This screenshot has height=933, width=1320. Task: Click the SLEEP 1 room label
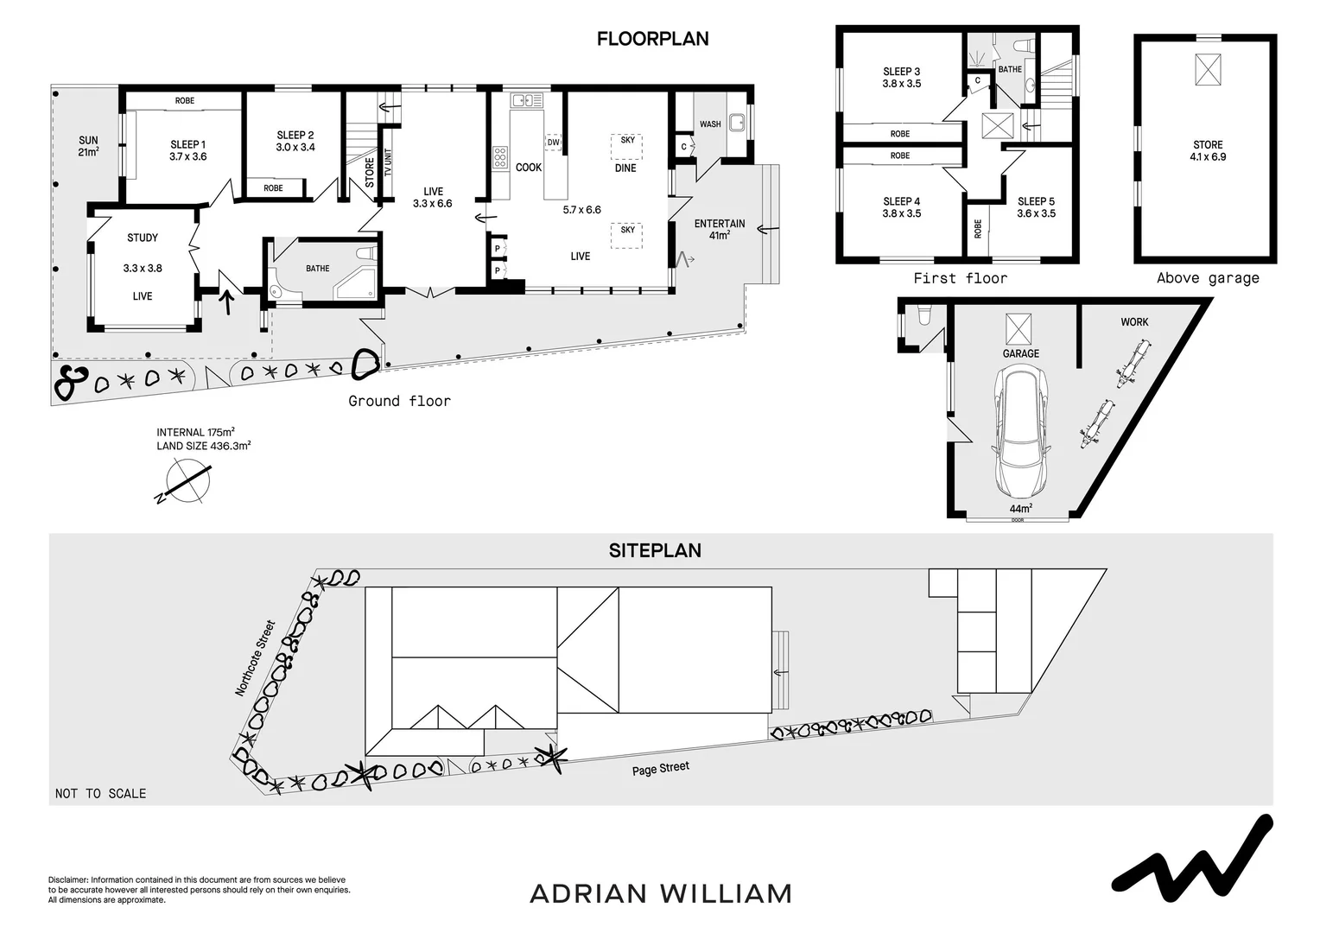click(187, 150)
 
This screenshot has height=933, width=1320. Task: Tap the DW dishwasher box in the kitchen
click(553, 142)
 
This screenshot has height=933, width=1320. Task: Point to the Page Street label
click(660, 768)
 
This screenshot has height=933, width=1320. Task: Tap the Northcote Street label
click(255, 657)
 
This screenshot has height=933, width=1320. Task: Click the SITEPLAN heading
click(655, 550)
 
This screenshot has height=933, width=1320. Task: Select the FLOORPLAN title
click(652, 39)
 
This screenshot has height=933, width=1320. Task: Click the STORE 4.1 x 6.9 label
click(1207, 150)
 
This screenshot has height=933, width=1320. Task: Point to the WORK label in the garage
click(1134, 321)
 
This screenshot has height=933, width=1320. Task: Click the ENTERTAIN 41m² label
click(720, 229)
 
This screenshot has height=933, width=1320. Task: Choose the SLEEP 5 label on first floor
click(1036, 207)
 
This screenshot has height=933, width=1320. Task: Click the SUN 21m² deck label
click(88, 146)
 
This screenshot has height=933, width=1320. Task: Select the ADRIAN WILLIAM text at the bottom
click(660, 893)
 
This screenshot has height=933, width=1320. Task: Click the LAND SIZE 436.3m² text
click(203, 446)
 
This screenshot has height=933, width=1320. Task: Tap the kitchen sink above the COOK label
click(527, 101)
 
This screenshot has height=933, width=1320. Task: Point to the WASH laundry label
click(710, 124)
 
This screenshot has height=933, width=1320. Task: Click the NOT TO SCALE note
click(100, 793)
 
